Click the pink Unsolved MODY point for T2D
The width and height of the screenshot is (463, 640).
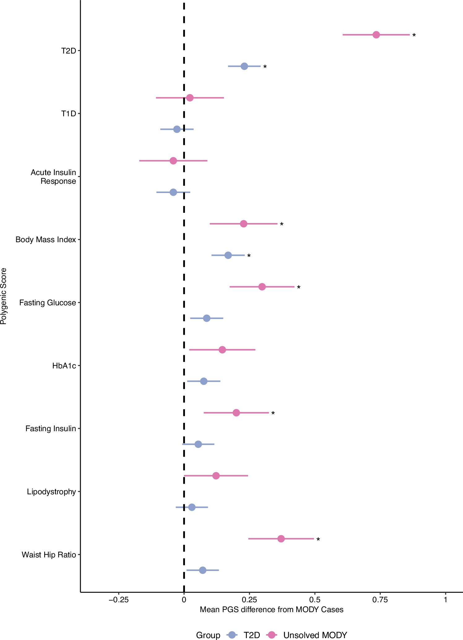(x=376, y=35)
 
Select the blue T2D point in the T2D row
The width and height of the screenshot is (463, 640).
(x=244, y=66)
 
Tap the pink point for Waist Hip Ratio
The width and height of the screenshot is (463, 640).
(x=281, y=539)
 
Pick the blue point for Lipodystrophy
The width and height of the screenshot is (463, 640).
(x=192, y=507)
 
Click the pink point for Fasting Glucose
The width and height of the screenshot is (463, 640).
(x=262, y=287)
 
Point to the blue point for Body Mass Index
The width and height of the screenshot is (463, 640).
(x=228, y=255)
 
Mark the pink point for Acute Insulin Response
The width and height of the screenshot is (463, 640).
(x=173, y=161)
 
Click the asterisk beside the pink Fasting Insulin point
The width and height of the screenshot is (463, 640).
(x=273, y=414)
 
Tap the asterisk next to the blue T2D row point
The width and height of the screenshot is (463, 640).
(x=265, y=67)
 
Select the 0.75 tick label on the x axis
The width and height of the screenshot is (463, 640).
(x=380, y=600)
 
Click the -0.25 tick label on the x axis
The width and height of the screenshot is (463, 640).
(x=118, y=600)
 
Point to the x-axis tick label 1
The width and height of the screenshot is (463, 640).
(x=445, y=600)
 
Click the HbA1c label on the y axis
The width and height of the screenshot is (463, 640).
(x=64, y=366)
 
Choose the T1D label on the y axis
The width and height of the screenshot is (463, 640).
(x=68, y=114)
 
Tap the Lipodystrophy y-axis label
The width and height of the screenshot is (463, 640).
(x=51, y=492)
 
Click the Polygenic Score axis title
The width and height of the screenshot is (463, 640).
(x=4, y=296)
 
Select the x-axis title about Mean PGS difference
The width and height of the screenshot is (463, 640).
(x=272, y=610)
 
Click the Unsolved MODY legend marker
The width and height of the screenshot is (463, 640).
(x=272, y=635)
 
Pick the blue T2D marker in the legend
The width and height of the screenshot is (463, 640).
(x=232, y=635)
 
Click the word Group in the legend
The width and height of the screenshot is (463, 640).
(x=208, y=635)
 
